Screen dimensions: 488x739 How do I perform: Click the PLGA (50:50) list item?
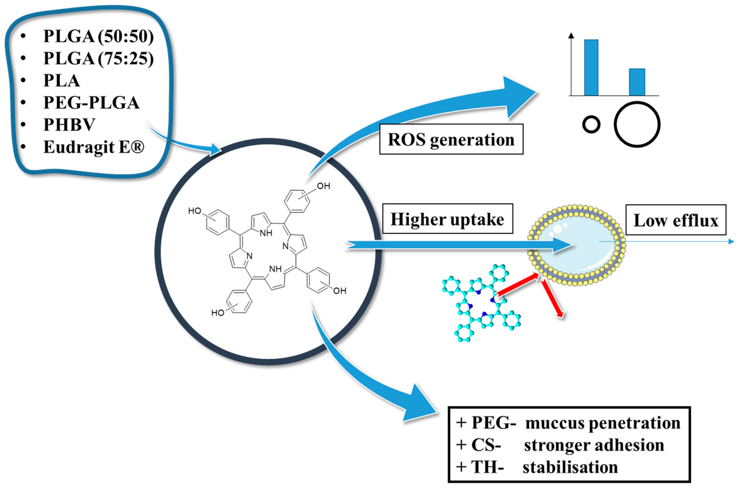[98, 36]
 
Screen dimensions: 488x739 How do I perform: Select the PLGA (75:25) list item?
[98, 58]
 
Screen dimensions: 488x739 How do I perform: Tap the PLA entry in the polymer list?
[61, 80]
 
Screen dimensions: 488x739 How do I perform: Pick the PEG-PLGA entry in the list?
[91, 103]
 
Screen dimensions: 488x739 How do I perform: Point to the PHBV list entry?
[69, 125]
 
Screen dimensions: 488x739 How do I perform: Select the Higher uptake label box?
[447, 219]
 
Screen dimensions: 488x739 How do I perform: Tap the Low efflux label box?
[675, 220]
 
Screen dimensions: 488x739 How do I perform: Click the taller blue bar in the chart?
[591, 67]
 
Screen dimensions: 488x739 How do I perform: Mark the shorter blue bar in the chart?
[637, 82]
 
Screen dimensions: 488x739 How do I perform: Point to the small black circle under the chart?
[591, 125]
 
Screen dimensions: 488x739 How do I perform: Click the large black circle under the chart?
[637, 124]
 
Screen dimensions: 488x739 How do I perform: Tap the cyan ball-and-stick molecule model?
[481, 303]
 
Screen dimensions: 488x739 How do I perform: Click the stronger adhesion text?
[594, 445]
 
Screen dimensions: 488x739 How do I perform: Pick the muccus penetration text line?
[602, 423]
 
